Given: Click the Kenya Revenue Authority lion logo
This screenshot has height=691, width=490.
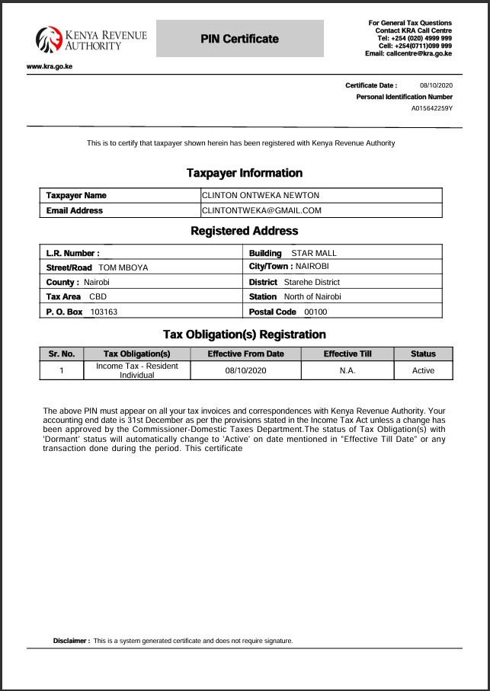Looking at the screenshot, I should pos(50,39).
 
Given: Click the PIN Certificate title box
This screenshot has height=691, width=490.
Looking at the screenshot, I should pos(240,39).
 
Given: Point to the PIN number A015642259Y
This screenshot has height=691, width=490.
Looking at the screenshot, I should pos(431,108).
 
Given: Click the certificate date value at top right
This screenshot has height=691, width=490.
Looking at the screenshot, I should pos(436,85).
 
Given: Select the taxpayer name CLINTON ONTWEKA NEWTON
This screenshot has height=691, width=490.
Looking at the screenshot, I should pos(261,196).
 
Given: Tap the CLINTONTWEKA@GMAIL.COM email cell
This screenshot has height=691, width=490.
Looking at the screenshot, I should pos(261,210).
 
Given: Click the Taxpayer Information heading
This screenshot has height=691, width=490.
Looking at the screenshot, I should pos(245,173).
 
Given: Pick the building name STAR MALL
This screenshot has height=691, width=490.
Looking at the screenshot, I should pos(314,253).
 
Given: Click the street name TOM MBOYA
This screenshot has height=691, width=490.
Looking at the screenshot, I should pos(123,267).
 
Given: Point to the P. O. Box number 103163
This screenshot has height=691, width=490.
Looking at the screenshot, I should pos(104,312).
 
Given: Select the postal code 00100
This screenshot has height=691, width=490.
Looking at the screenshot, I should pos(315,312).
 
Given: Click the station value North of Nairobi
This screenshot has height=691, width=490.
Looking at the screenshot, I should pos(312,296).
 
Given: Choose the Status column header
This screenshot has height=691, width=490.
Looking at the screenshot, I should pos(423,353).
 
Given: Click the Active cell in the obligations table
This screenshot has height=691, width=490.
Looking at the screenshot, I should pos(423,370).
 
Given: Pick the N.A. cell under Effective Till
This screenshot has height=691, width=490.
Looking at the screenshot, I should pos(347,370).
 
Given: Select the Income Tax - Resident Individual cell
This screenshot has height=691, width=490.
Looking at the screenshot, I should pos(137,370).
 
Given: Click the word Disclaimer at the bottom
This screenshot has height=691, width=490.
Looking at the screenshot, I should pos(71,641).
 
